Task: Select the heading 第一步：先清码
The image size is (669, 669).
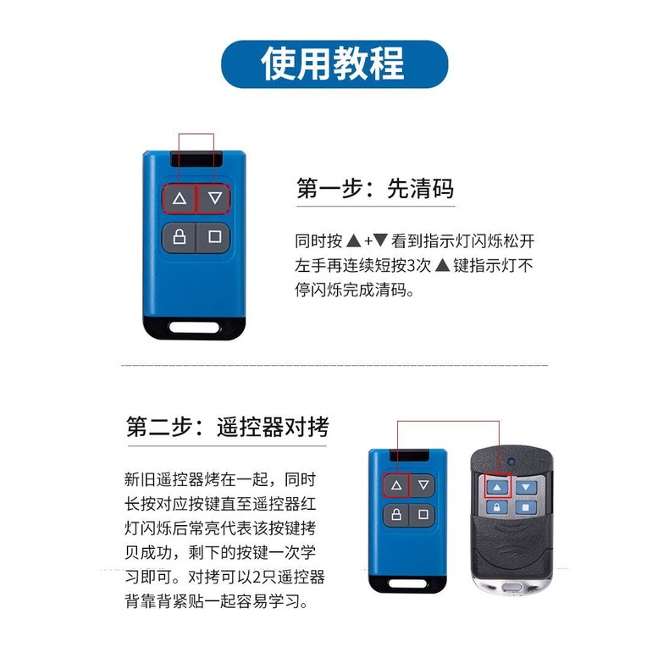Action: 375,189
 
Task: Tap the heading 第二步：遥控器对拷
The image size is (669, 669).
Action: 227,426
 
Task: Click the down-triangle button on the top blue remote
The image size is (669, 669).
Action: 214,199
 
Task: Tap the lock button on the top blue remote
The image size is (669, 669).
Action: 179,236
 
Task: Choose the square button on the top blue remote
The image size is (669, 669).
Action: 214,236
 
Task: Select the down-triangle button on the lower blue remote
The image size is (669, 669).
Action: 424,486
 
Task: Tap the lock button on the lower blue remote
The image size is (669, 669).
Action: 395,514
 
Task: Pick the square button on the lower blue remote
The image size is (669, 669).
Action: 424,514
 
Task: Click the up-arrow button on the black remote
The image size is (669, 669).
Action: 498,487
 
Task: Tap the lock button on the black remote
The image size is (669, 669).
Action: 498,509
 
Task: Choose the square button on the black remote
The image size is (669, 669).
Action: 526,509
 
